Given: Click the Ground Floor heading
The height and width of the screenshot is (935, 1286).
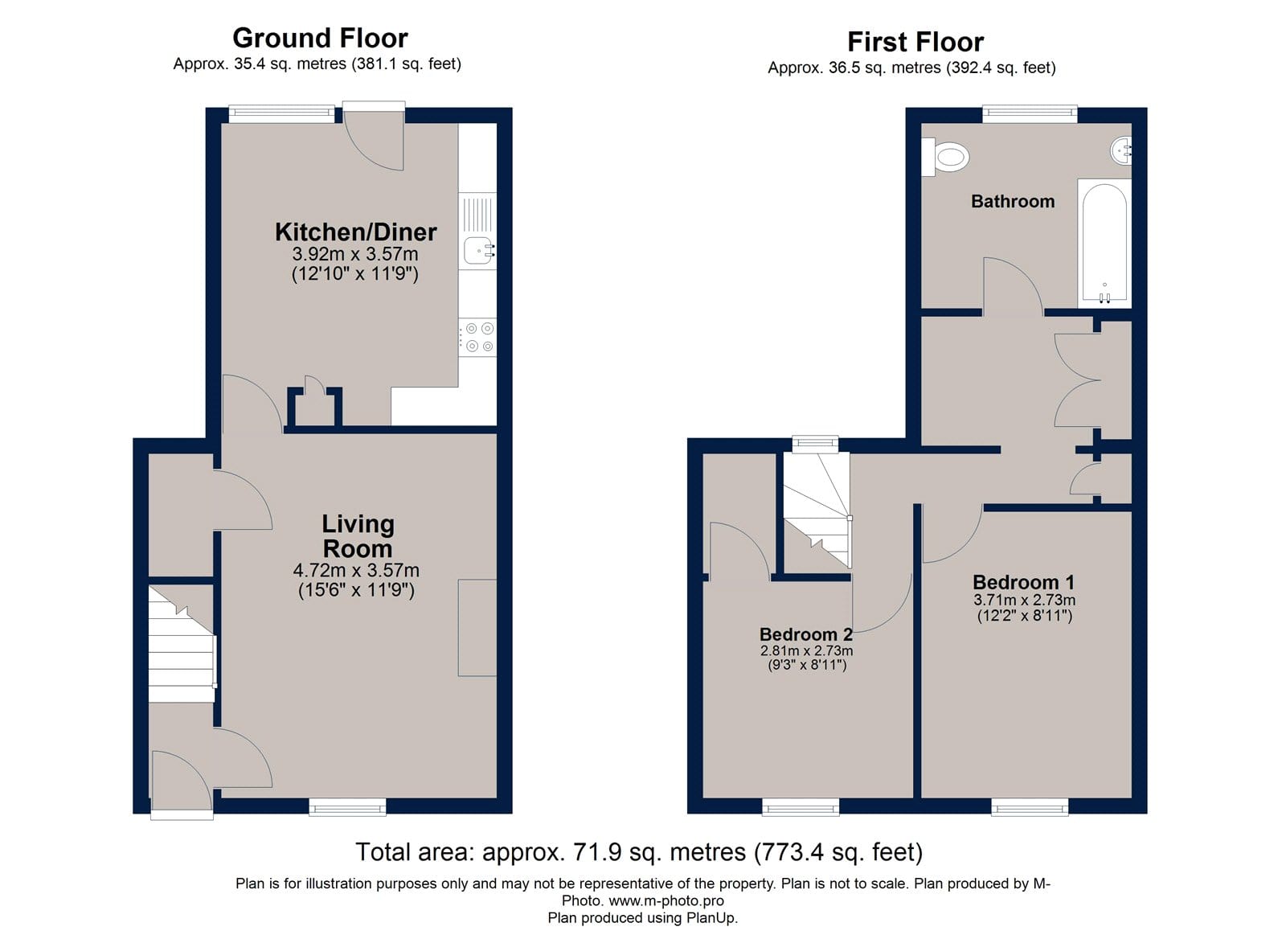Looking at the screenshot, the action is pos(320,39).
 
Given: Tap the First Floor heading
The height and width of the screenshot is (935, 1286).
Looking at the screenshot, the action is pos(915,42).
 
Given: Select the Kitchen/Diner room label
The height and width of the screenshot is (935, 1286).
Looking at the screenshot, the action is pos(355,232).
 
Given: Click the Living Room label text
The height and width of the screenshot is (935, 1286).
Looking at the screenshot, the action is pos(358,536).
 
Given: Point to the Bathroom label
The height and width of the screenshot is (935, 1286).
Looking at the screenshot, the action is pos(1013,201).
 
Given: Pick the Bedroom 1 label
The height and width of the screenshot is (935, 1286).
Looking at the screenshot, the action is pos(1024,582).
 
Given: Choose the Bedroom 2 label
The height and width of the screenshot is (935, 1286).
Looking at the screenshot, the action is pos(806,634).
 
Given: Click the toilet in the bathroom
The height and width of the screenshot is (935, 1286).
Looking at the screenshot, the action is pos(945,156).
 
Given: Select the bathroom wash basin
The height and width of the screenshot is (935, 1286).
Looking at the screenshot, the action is pos(1121,151).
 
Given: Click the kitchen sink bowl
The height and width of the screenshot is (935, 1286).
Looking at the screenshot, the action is pos(477,250).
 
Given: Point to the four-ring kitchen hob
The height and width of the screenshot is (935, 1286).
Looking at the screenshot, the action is pos(477,337).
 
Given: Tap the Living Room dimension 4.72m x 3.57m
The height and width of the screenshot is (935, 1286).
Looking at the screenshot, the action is pos(356,570).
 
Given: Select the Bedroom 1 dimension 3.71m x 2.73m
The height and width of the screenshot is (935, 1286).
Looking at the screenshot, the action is pos(1024,601).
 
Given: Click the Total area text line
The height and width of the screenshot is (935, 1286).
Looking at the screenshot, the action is pos(639,851).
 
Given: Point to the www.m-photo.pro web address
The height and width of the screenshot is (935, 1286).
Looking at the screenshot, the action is pos(666,900).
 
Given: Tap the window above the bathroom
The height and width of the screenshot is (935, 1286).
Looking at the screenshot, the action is pos(1030,113).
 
